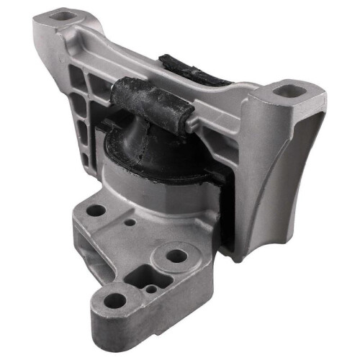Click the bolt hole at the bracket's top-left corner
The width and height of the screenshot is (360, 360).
(x=63, y=14)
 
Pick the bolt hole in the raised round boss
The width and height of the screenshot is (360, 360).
(x=176, y=255)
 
